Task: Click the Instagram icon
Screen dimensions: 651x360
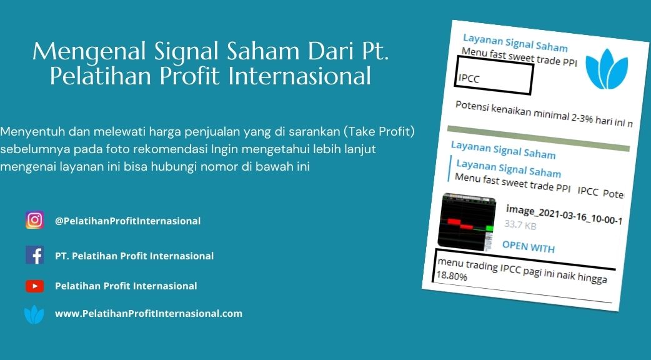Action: [34, 220]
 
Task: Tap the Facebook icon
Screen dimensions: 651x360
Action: [34, 255]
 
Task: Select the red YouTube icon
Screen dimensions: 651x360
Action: [34, 286]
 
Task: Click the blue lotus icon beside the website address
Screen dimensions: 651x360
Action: [34, 314]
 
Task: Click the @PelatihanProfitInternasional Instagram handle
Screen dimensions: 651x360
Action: [128, 221]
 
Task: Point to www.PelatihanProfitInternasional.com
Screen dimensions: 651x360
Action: [149, 314]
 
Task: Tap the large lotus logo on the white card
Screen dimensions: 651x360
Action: [607, 69]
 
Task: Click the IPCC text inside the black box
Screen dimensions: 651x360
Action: [469, 78]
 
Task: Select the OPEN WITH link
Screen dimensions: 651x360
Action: [528, 247]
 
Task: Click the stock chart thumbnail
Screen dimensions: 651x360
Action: [467, 222]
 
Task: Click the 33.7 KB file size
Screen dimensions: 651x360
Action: [520, 225]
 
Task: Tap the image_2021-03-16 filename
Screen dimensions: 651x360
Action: [564, 214]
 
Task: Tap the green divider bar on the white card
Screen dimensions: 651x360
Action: [539, 139]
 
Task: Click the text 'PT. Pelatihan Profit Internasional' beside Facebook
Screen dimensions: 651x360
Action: [134, 256]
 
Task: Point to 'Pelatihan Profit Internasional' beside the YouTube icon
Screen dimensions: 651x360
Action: [126, 286]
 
